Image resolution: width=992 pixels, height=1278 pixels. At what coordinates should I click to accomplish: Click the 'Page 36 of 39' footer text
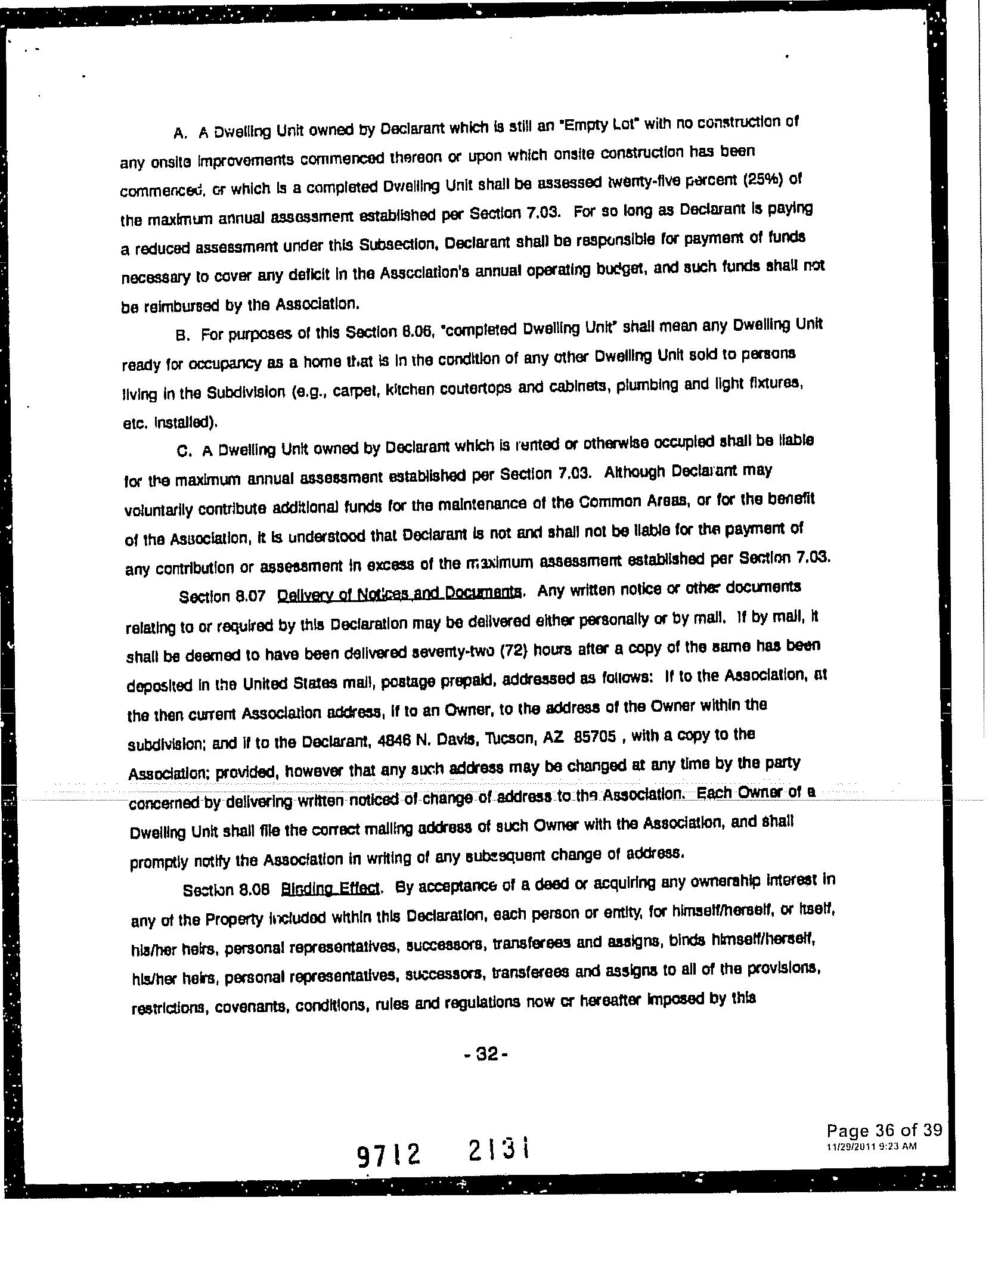(x=883, y=1130)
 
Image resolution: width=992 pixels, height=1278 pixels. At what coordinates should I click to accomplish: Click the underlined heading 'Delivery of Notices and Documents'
(x=401, y=594)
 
